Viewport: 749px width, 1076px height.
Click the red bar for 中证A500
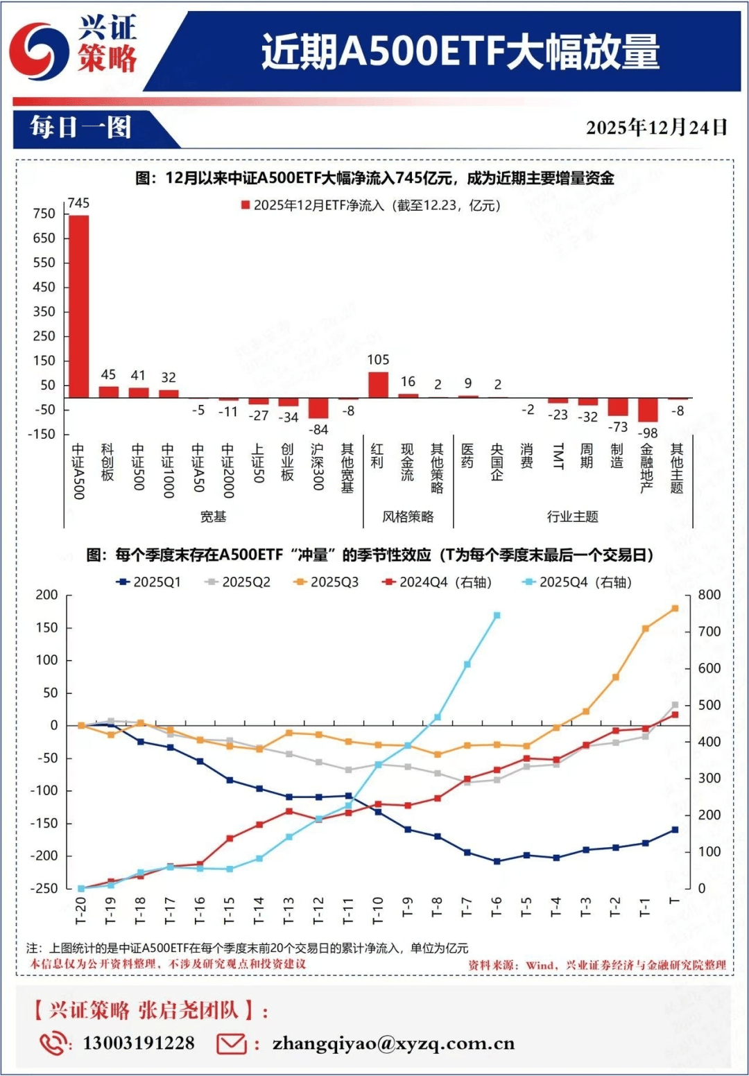(78, 306)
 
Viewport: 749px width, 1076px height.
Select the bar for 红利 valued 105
(378, 385)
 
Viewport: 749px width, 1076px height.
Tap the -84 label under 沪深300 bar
(318, 429)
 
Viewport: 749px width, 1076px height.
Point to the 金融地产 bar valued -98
(648, 410)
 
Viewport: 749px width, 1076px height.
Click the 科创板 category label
(107, 462)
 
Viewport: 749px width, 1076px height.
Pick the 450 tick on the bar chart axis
(44, 287)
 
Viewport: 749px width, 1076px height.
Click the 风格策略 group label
(408, 517)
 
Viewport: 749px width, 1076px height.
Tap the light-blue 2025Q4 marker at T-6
(497, 615)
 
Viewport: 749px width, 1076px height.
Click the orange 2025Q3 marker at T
(675, 608)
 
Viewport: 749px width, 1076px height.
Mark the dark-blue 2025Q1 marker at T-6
(497, 861)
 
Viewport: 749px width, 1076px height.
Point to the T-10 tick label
(378, 910)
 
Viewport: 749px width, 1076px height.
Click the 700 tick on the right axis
(709, 632)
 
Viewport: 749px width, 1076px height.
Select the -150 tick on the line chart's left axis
(44, 823)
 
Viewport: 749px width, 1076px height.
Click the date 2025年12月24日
(656, 128)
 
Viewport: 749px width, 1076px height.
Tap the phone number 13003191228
(139, 1043)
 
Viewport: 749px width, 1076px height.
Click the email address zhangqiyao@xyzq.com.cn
(393, 1043)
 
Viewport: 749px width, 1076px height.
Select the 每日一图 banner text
(80, 128)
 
